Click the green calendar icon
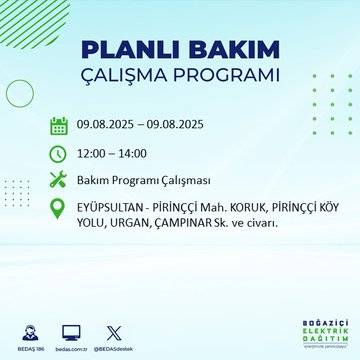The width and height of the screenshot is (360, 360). pos(59,126)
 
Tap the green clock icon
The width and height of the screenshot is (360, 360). pos(59,153)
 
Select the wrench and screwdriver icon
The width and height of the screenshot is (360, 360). pos(59,180)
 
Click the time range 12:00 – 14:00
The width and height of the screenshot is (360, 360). pos(112,153)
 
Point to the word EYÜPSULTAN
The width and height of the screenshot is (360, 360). pos(111,208)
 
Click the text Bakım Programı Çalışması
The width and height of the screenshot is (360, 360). pos(137,180)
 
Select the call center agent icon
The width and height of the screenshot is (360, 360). pos(61,330)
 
